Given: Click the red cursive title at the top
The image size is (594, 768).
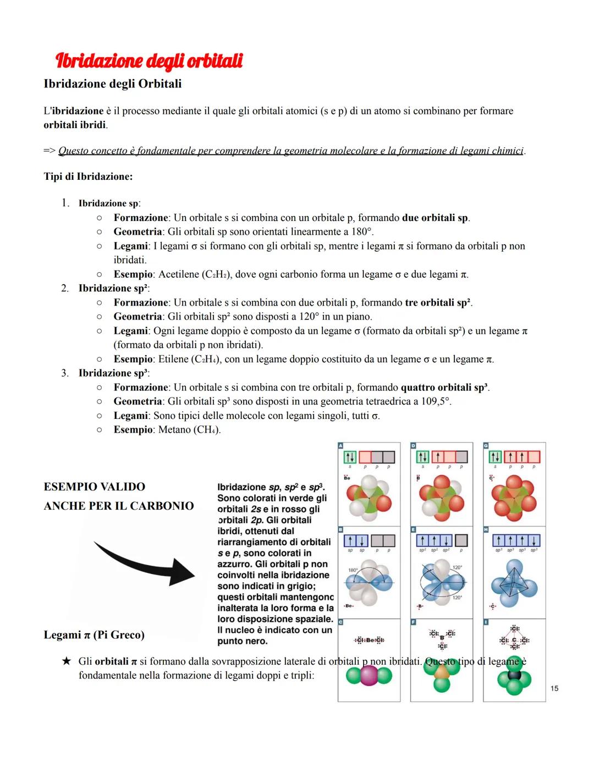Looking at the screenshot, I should click(x=148, y=60).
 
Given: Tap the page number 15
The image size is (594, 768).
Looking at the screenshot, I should click(x=554, y=688).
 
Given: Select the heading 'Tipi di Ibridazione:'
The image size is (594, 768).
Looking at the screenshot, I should click(x=88, y=177).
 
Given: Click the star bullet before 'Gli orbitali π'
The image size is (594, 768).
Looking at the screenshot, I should click(x=66, y=661).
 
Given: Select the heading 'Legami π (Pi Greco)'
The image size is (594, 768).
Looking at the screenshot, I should click(x=94, y=635).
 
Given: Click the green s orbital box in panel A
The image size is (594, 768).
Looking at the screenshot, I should click(x=350, y=457).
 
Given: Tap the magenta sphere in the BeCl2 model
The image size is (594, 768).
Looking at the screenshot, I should click(x=369, y=676).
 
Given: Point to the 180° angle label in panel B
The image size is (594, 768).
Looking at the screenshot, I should click(x=353, y=570).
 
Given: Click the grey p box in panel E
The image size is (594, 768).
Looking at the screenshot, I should click(x=461, y=540).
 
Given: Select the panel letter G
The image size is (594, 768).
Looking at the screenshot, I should click(x=486, y=445).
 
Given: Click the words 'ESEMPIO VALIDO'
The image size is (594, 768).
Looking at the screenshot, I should click(x=95, y=487).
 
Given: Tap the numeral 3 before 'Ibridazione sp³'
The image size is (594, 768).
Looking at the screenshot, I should click(x=64, y=373).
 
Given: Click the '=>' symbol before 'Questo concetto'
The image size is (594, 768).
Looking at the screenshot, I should click(x=50, y=151).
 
